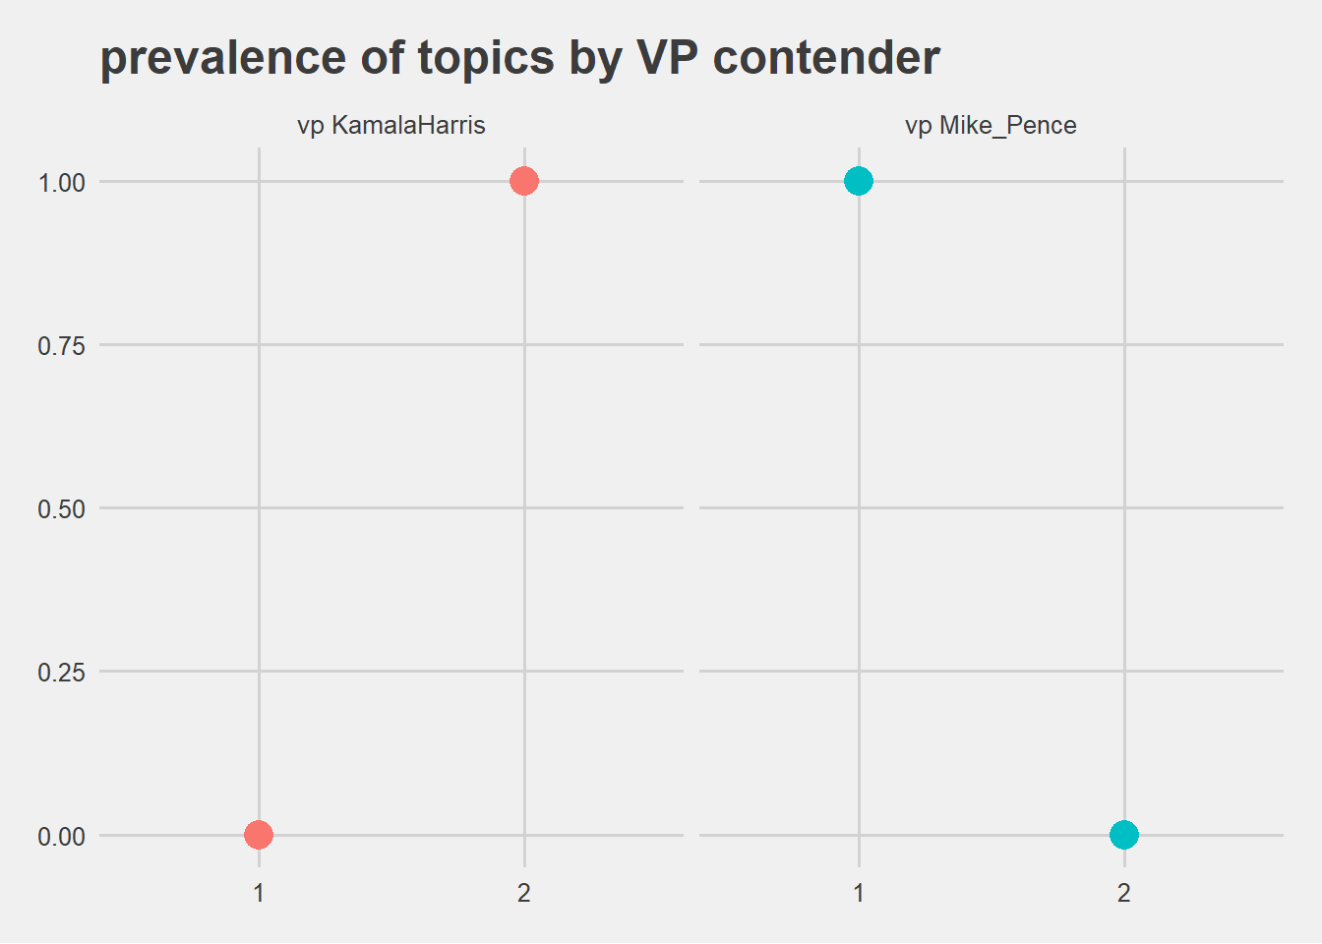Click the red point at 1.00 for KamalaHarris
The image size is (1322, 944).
tap(524, 181)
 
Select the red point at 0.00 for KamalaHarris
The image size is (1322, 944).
tap(259, 835)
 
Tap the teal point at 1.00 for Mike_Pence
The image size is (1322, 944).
tap(859, 181)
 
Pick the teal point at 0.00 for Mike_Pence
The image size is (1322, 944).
tap(1124, 835)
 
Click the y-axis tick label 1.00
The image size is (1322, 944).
tap(61, 182)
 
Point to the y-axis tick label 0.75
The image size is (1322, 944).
tap(61, 345)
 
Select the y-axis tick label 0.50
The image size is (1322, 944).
tap(61, 509)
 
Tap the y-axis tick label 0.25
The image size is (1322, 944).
tap(61, 673)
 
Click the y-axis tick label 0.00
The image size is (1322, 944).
tap(61, 837)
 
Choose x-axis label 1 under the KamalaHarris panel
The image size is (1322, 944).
tap(259, 893)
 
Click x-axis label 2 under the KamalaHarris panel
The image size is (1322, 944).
tap(524, 893)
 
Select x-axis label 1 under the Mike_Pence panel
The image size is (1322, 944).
tap(859, 893)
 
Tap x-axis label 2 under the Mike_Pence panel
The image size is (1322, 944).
tap(1124, 893)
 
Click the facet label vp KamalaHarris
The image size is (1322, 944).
tap(391, 126)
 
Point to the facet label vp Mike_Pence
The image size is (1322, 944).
tap(991, 126)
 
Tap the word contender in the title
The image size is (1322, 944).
tap(826, 58)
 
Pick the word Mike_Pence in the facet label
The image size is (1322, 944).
tap(1008, 126)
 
